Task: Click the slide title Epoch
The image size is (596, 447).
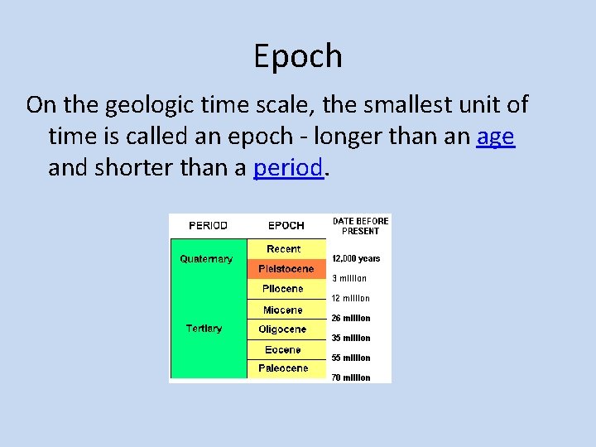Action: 298,56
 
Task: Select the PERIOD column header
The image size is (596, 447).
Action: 208,225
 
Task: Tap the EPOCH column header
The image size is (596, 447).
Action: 286,225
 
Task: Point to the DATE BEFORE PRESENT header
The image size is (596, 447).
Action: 360,226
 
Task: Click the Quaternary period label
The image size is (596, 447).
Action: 206,259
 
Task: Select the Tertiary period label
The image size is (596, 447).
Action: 204,329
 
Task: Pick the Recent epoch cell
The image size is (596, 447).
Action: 284,249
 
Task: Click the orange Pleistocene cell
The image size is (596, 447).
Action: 286,269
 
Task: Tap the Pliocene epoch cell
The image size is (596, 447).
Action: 283,289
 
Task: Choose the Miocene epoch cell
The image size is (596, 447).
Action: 283,310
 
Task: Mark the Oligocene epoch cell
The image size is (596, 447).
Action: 282,329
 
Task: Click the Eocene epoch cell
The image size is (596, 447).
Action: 283,349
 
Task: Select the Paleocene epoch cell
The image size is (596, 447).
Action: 283,368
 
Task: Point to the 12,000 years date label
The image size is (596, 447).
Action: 356,259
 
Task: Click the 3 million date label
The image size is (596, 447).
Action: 349,279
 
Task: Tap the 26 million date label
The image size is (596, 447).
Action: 351,319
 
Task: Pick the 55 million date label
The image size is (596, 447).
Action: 351,358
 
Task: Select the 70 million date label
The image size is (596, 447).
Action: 351,378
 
